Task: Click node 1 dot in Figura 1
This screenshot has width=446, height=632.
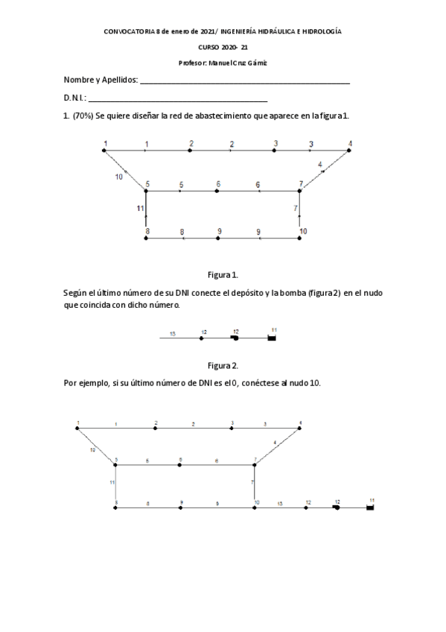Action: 103,151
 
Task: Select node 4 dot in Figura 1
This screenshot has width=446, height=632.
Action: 349,151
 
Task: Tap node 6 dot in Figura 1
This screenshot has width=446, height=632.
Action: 217,191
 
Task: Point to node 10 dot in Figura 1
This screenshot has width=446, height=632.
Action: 299,238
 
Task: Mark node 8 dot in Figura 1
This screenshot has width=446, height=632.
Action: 147,238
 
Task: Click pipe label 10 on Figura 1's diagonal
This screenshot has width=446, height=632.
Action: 119,177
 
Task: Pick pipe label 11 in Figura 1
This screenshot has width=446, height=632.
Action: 140,209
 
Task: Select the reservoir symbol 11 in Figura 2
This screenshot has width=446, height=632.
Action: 272,338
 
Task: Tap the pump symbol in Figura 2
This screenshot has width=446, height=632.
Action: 235,338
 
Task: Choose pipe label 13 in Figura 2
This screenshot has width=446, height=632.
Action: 173,334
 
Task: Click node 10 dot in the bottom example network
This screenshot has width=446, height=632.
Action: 255,508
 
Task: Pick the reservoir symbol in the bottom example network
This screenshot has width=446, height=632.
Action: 370,508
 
